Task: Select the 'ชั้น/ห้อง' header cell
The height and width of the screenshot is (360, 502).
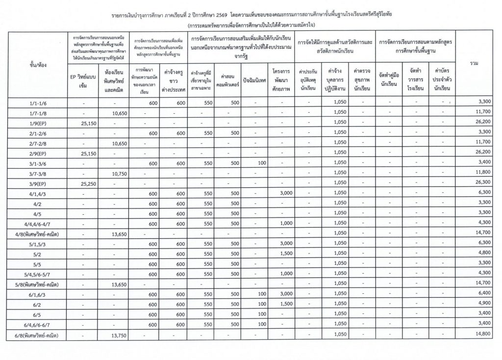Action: click(38, 64)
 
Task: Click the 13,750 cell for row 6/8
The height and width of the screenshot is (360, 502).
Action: click(113, 335)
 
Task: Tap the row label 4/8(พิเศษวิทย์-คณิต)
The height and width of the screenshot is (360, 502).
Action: click(38, 233)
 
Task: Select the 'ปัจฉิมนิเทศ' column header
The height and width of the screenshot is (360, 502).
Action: click(255, 80)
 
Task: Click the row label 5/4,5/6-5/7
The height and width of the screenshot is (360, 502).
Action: click(38, 274)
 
